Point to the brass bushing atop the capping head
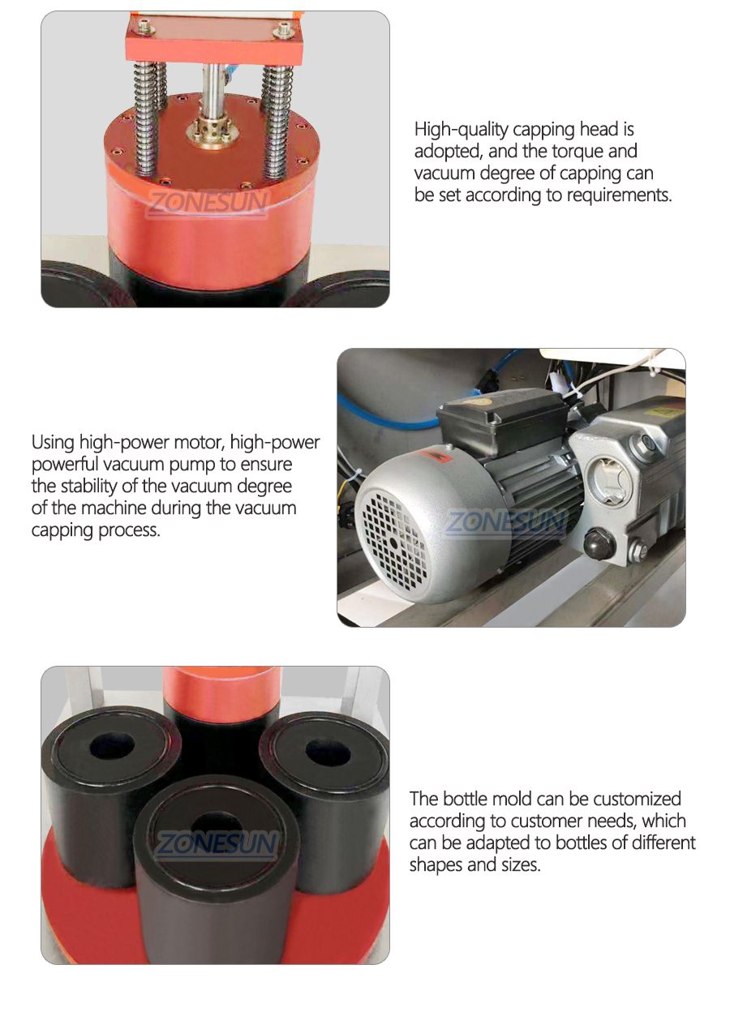(210, 131)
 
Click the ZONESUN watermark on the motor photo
(505, 521)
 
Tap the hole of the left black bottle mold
(112, 744)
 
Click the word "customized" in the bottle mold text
(633, 800)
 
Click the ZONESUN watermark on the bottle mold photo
(217, 846)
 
